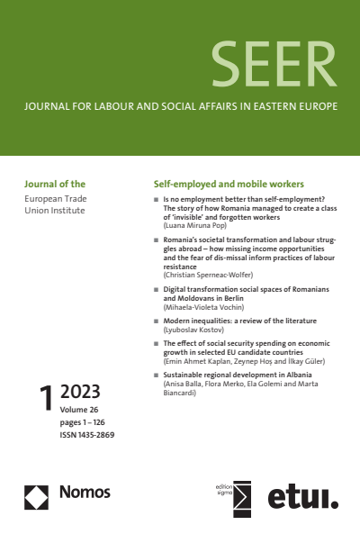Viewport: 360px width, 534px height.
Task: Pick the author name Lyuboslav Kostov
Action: click(193, 330)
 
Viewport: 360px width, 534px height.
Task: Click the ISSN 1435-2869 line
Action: click(87, 435)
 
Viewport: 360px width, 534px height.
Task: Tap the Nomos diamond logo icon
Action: click(37, 493)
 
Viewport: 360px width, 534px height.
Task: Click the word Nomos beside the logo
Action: click(85, 493)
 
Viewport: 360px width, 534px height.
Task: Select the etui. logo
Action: click(301, 496)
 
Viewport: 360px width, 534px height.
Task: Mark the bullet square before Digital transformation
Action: click(157, 291)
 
